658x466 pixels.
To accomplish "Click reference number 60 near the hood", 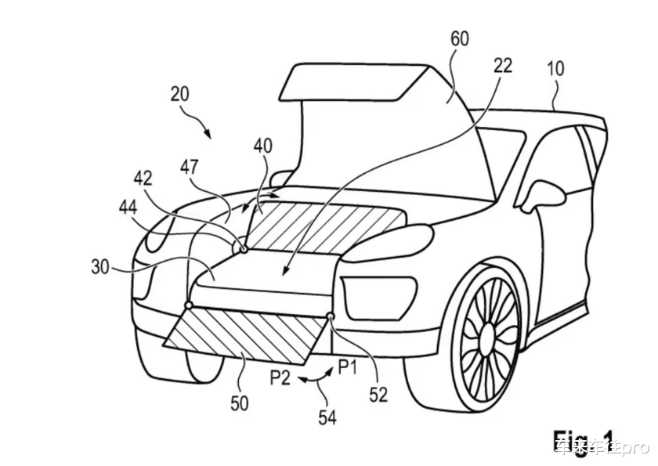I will coord(460,38).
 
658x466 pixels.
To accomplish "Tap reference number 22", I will coord(502,66).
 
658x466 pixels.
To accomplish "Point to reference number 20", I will coord(179,94).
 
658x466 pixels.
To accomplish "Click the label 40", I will coord(264,146).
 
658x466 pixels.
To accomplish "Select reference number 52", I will coord(378,396).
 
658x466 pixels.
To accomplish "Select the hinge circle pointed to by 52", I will coord(330,316).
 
